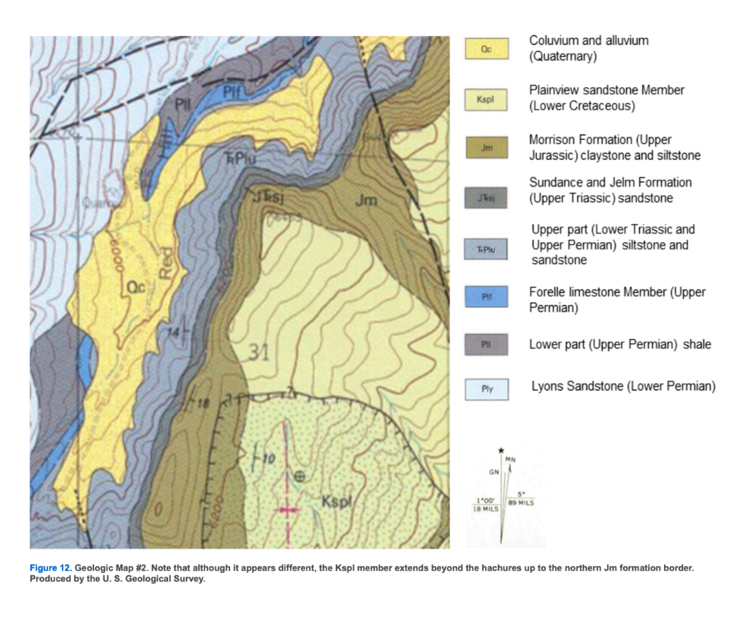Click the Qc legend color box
click(x=486, y=49)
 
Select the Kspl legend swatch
click(x=486, y=99)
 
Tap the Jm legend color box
click(x=486, y=148)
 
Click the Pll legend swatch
click(x=486, y=344)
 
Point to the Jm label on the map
click(x=366, y=200)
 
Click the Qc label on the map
click(x=137, y=288)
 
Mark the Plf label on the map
click(x=232, y=91)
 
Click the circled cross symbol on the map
click(x=299, y=476)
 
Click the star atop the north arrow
click(x=501, y=449)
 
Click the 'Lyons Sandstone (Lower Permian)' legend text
click(x=623, y=386)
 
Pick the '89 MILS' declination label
click(x=522, y=502)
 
